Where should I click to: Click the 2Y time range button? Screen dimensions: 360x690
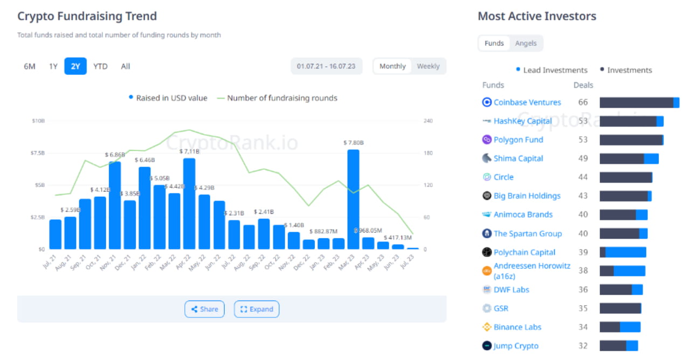(x=75, y=66)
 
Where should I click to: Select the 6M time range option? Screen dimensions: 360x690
(x=30, y=66)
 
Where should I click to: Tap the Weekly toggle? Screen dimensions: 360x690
(x=428, y=66)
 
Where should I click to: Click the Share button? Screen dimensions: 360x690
(x=204, y=309)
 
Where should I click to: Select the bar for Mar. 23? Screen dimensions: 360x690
(x=353, y=199)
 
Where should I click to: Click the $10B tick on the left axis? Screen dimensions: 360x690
(x=38, y=121)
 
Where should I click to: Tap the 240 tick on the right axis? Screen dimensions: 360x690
(x=428, y=121)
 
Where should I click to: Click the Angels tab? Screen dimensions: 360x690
(x=526, y=43)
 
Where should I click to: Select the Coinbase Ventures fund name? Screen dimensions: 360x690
(x=527, y=102)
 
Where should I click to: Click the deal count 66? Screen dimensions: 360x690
(x=583, y=102)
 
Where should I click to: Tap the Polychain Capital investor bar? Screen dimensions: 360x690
(x=623, y=252)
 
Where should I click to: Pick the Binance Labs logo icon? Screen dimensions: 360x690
(x=487, y=327)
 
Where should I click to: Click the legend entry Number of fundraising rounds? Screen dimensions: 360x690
(x=277, y=98)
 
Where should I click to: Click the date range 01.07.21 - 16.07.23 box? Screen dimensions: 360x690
(x=326, y=66)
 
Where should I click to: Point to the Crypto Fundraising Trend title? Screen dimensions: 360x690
(x=87, y=16)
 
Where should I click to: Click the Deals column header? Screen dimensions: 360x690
(x=583, y=85)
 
